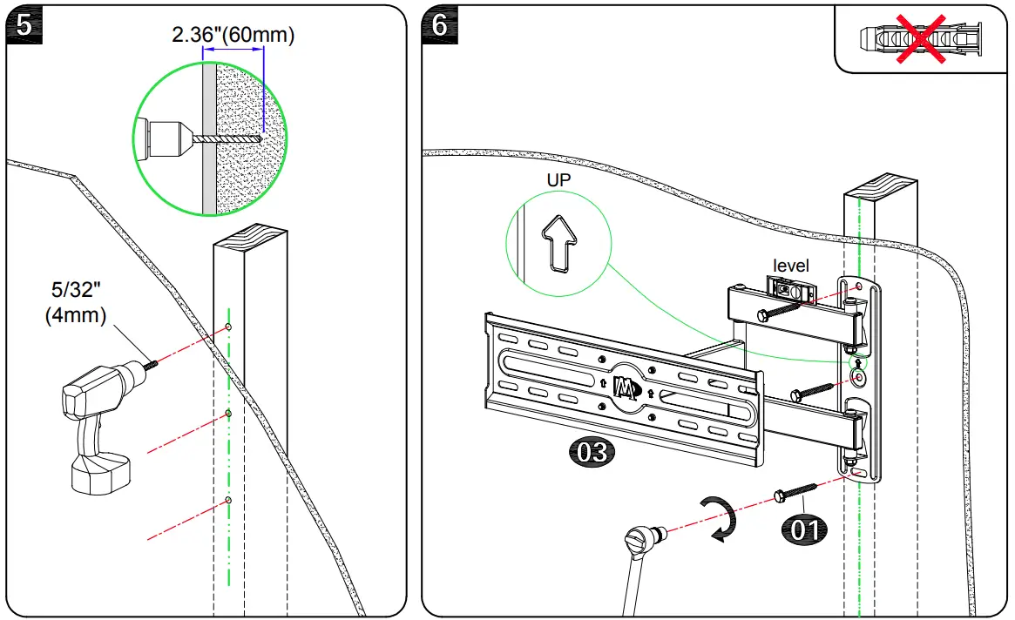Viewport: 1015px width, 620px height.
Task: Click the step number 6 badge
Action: tap(441, 25)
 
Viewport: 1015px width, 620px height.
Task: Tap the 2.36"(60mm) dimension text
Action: tap(233, 35)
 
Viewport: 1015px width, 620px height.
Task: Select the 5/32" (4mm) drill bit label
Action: tap(76, 302)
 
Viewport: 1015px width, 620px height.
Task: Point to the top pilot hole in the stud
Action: tap(227, 327)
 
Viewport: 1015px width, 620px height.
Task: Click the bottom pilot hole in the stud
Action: tap(227, 500)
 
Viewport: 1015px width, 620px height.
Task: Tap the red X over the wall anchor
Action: tap(923, 38)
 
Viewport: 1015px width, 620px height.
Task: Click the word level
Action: tap(791, 266)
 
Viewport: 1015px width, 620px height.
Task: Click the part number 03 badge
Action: tap(592, 452)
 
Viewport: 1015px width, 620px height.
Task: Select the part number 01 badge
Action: tap(804, 529)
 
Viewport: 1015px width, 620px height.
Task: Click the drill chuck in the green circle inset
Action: tap(166, 139)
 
